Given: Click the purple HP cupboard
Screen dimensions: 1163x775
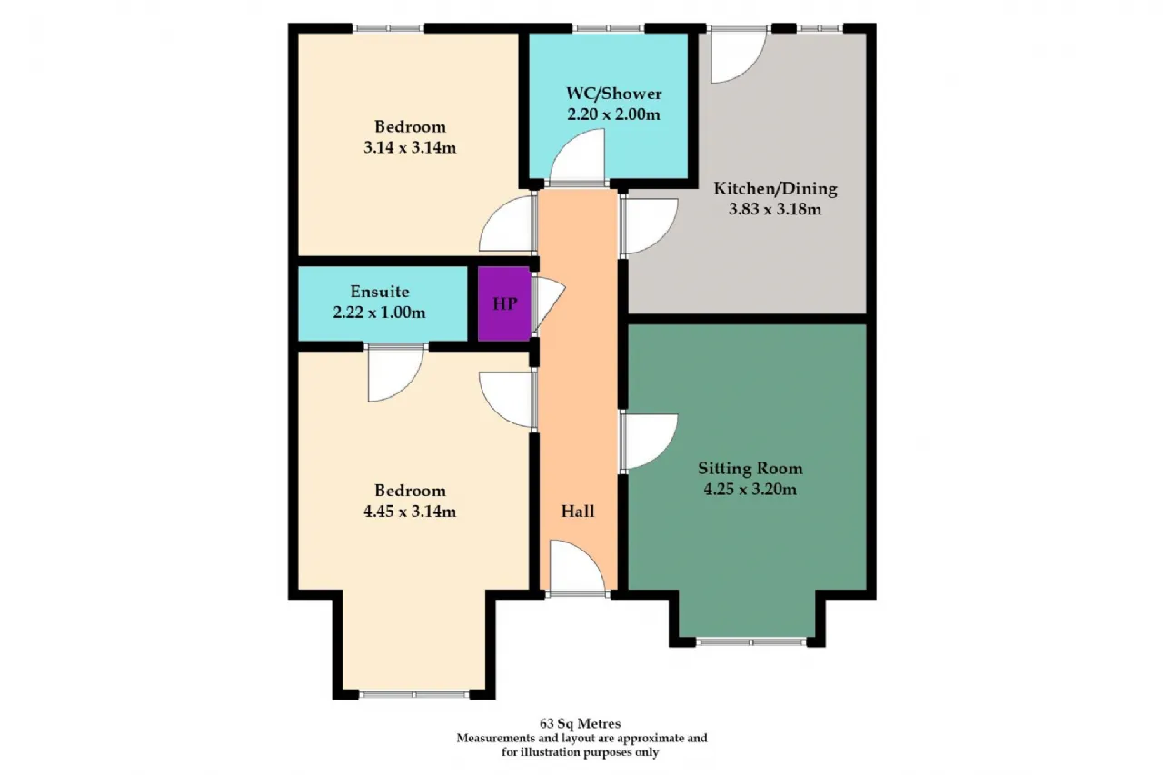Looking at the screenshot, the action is pyautogui.click(x=504, y=303).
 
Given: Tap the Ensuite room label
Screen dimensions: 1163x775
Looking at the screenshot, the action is pyautogui.click(x=380, y=292).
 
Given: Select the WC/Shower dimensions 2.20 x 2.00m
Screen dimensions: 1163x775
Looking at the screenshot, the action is pyautogui.click(x=613, y=114).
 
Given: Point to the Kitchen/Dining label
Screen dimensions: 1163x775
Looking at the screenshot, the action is pyautogui.click(x=775, y=188).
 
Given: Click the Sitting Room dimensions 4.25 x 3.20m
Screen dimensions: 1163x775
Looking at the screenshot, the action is pyautogui.click(x=750, y=490).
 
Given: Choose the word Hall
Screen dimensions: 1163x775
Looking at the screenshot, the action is pyautogui.click(x=578, y=512).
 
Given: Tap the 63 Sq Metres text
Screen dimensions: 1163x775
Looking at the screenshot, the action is pyautogui.click(x=581, y=723).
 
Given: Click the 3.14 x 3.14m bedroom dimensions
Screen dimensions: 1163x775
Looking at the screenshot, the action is pyautogui.click(x=410, y=148).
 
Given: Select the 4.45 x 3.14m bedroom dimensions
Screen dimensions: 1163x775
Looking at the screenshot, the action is pyautogui.click(x=410, y=512).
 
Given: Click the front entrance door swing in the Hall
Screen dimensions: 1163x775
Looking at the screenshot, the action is pyautogui.click(x=578, y=566).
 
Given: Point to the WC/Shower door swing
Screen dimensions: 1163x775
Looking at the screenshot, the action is pyautogui.click(x=577, y=156).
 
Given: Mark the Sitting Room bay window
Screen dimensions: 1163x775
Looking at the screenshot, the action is pyautogui.click(x=750, y=642).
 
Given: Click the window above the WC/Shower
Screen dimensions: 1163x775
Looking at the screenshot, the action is pyautogui.click(x=608, y=28).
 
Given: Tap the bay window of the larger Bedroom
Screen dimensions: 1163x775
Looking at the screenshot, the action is pyautogui.click(x=413, y=694).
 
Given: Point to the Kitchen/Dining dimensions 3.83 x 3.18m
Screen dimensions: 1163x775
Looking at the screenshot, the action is pyautogui.click(x=775, y=210).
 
